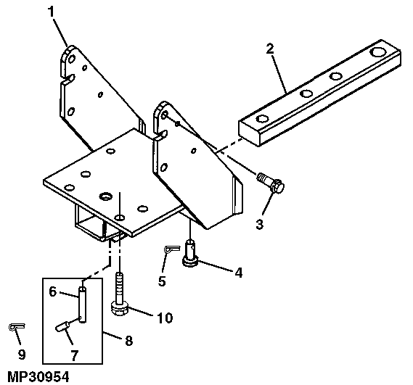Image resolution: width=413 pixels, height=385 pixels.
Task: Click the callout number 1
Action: (51, 12)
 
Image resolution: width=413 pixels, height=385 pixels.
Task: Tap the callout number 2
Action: (270, 49)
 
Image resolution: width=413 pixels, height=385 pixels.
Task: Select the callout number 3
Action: (259, 225)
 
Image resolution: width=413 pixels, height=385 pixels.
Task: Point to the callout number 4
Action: (238, 273)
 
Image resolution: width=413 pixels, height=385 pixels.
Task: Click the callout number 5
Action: (162, 281)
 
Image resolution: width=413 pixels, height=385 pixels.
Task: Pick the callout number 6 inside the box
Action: (53, 291)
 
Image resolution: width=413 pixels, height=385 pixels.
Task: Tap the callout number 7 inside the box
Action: (74, 356)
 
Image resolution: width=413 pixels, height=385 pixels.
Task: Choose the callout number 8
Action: (128, 341)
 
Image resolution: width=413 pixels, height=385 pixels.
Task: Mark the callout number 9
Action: (22, 355)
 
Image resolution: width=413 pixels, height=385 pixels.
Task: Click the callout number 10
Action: (165, 318)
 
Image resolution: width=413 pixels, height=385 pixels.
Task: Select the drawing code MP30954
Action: (38, 377)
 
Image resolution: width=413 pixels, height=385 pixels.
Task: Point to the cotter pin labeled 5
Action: (172, 249)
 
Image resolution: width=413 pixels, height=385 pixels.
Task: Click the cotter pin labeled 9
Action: (17, 326)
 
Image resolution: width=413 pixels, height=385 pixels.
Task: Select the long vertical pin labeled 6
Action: (83, 305)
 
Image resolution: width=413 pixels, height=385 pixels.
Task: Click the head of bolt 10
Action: (120, 309)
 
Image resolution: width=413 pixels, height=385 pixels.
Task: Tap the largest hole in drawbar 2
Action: (378, 51)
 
